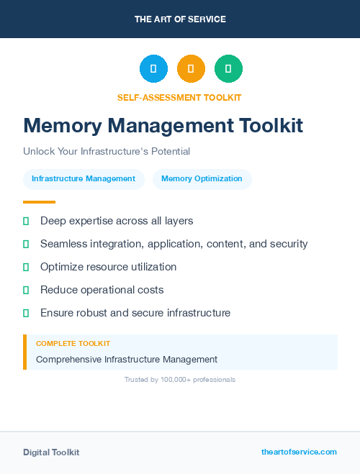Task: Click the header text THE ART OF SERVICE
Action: click(x=180, y=19)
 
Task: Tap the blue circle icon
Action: click(x=153, y=69)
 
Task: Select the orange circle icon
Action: click(x=191, y=69)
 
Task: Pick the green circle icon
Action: click(x=228, y=69)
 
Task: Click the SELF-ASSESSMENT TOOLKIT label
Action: click(x=179, y=97)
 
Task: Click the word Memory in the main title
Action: click(x=63, y=126)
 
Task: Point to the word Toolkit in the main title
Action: click(x=271, y=126)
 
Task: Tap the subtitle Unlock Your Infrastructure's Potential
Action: click(x=107, y=152)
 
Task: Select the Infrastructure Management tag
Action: click(x=84, y=179)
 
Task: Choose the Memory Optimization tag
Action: click(x=202, y=179)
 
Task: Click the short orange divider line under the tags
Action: click(x=39, y=202)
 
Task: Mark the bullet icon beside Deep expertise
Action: click(x=26, y=221)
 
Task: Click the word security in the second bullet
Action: click(x=289, y=244)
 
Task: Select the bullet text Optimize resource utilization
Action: click(x=108, y=267)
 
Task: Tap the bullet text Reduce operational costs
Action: click(x=102, y=290)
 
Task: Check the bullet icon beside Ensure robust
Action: click(x=26, y=313)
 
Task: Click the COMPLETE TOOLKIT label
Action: click(x=73, y=344)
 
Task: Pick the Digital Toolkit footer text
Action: click(x=51, y=452)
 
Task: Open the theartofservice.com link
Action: click(x=299, y=452)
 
